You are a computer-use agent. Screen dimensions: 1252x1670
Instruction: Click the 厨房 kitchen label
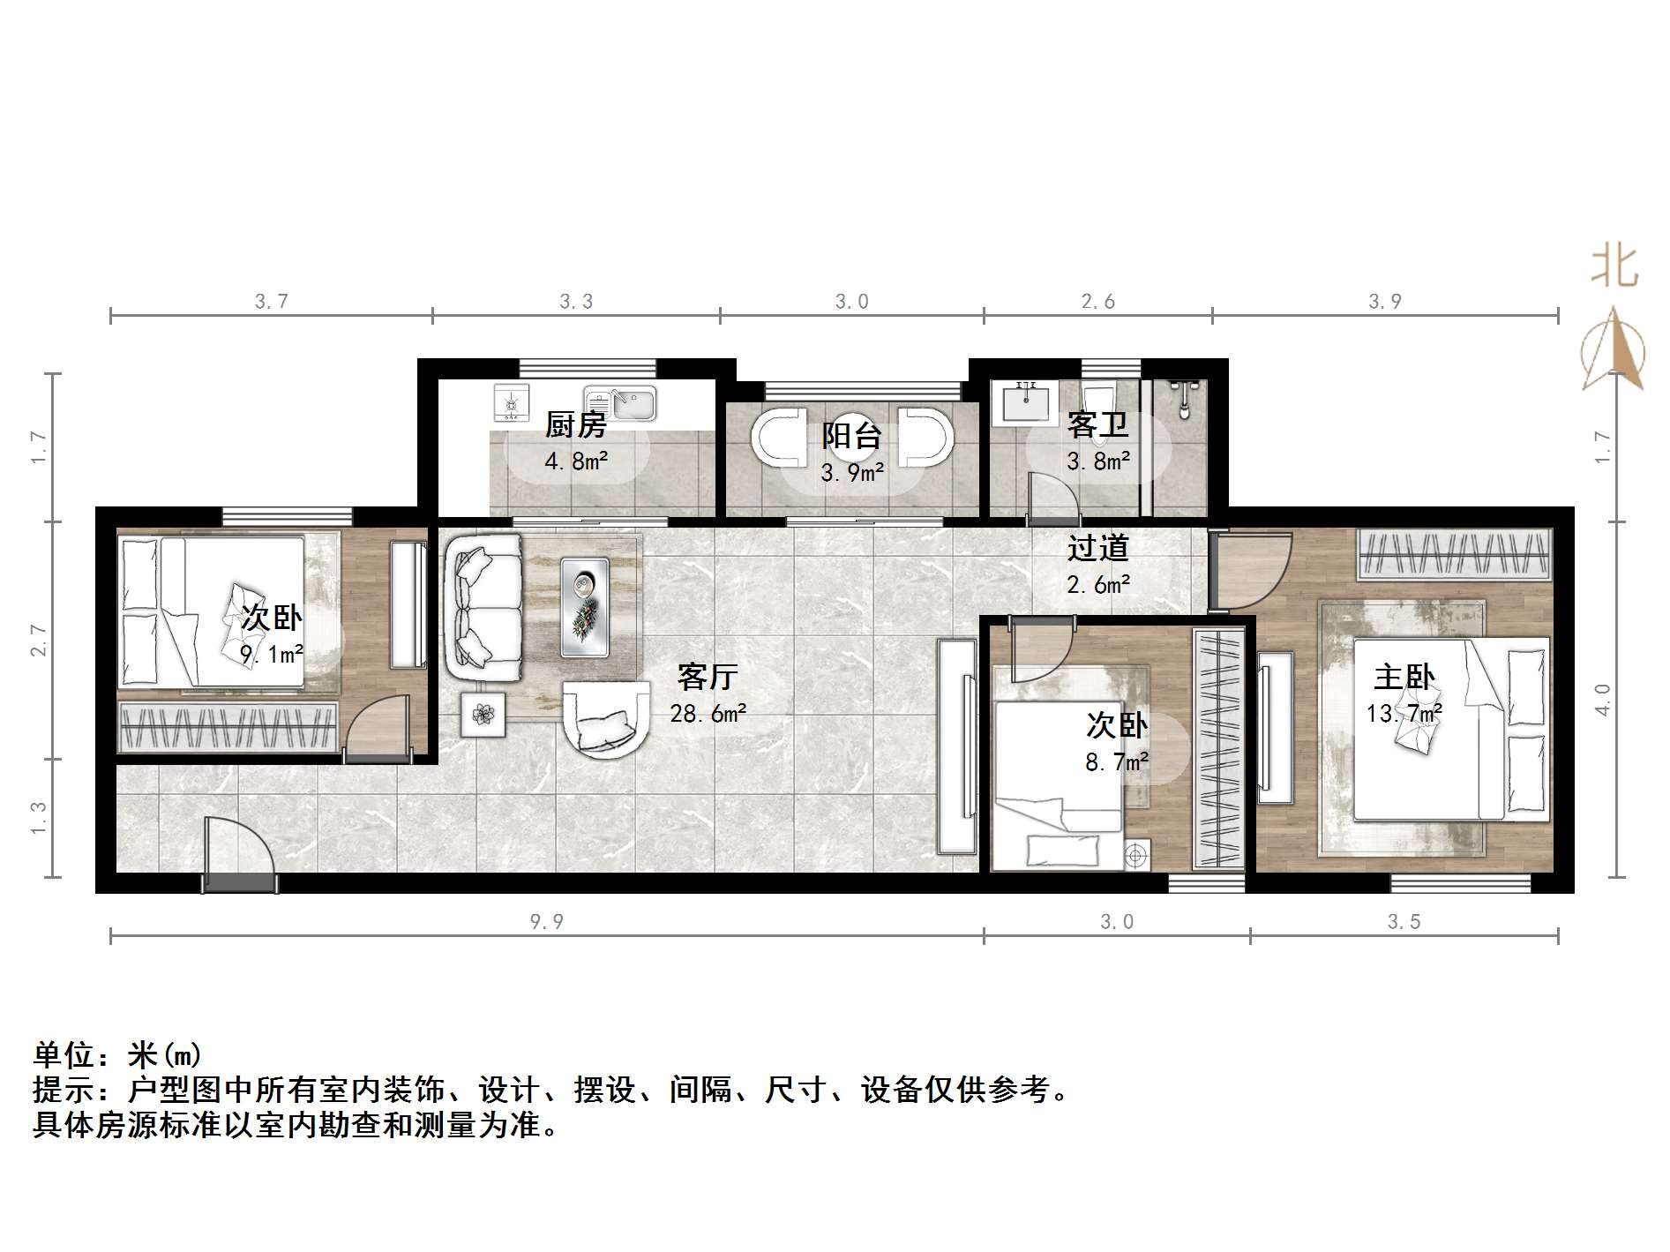(x=576, y=425)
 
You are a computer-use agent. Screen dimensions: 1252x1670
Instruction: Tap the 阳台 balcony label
(x=851, y=436)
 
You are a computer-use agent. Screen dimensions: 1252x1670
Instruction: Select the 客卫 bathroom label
(x=1097, y=425)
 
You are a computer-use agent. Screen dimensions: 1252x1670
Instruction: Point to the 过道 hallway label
(x=1097, y=548)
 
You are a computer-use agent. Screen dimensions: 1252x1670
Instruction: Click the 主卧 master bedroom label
(x=1404, y=678)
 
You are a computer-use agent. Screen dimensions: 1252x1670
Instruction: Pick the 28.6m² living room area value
(x=708, y=713)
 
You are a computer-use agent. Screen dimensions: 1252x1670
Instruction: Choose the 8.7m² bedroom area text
(x=1116, y=761)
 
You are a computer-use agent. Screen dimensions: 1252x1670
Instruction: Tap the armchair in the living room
(x=605, y=718)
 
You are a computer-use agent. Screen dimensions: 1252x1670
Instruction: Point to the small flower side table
(x=483, y=714)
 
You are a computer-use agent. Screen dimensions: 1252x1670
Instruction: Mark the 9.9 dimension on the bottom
(x=546, y=922)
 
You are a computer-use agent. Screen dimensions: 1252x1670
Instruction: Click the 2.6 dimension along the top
(x=1097, y=302)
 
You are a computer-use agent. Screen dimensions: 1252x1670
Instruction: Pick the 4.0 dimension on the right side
(x=1602, y=700)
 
